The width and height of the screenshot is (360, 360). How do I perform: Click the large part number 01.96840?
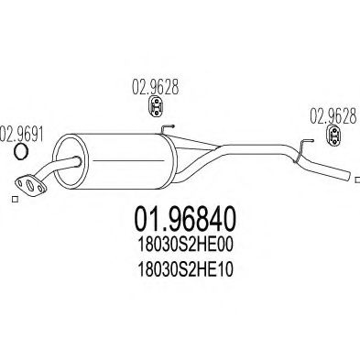pos(185,218)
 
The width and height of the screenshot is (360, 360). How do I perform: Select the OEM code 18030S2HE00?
pos(186,245)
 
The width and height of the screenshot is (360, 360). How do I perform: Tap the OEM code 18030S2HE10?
pos(186,269)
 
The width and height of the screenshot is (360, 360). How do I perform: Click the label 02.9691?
pos(21,134)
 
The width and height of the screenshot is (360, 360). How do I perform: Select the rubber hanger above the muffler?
pos(156,107)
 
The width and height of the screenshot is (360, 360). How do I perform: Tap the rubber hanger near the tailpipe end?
pos(334,136)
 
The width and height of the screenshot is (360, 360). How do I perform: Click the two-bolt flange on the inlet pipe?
pos(30,184)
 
